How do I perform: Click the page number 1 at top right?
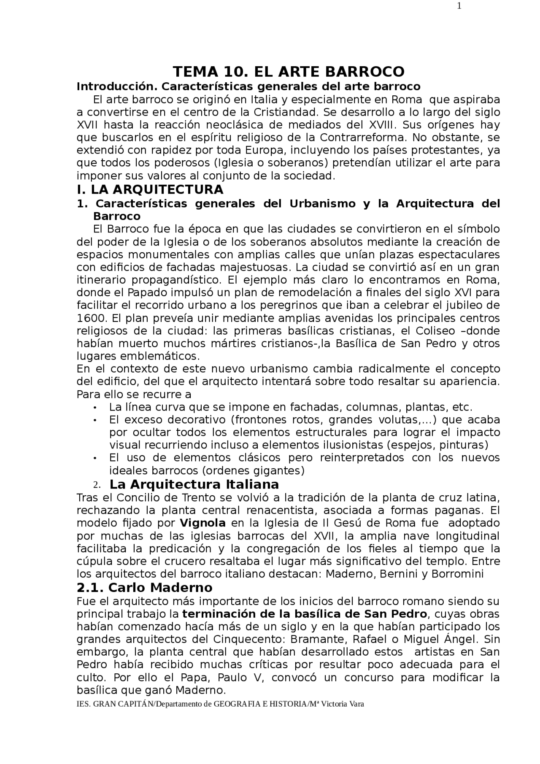(459, 6)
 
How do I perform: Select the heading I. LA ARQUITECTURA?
(150, 189)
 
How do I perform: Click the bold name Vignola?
(202, 523)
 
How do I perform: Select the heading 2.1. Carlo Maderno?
(144, 588)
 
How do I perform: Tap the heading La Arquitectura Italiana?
(194, 483)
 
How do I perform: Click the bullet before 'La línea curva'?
(96, 408)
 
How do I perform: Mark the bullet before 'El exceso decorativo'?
(96, 420)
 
